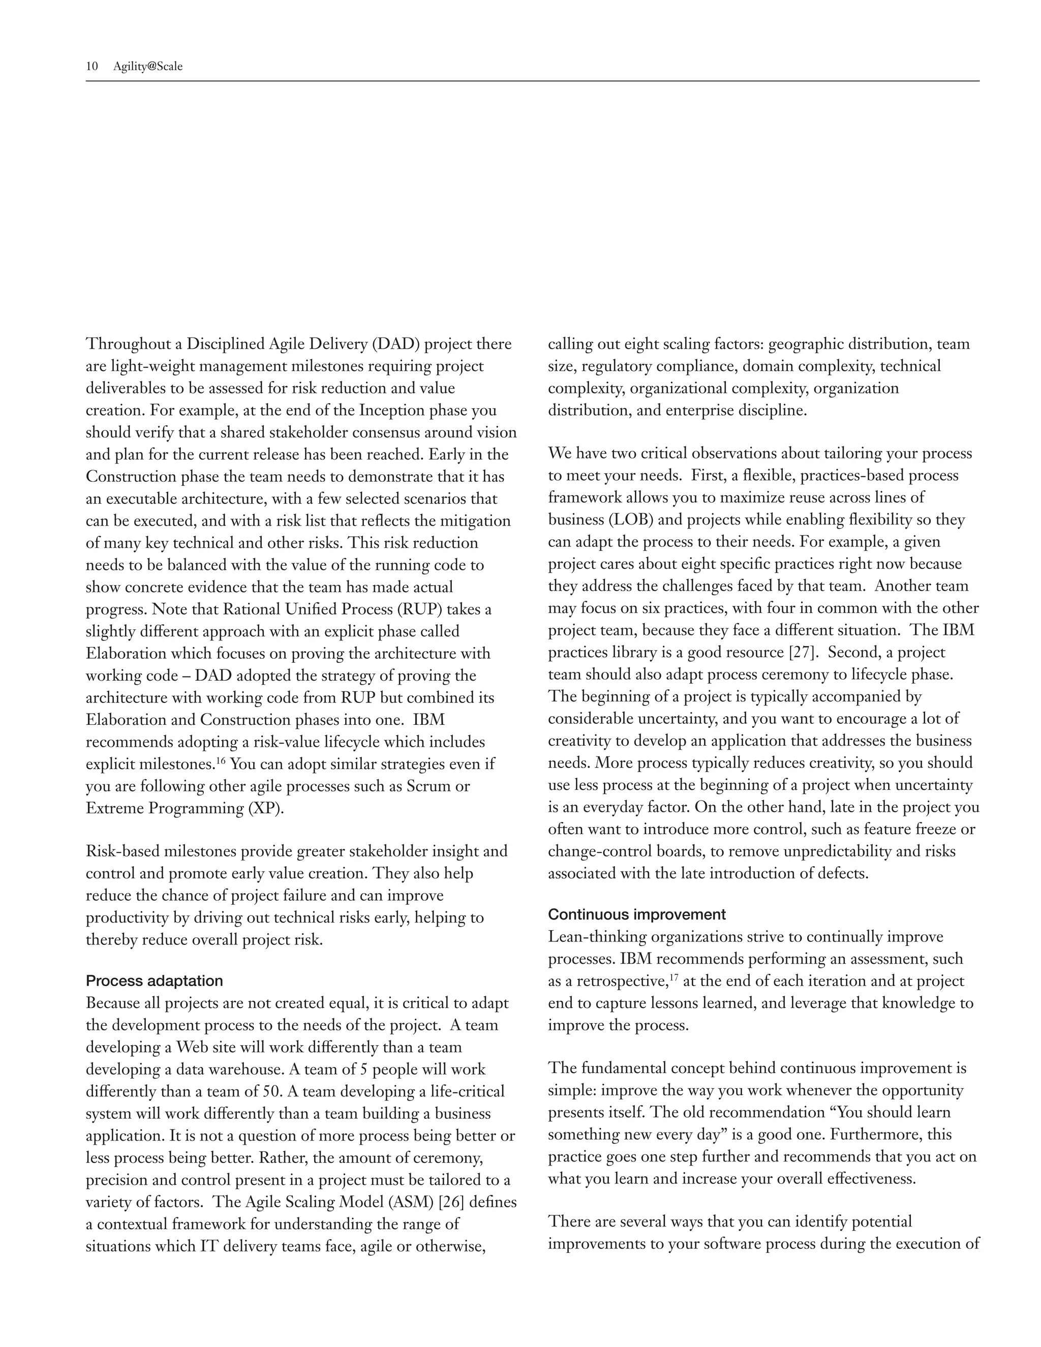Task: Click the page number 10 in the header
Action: click(x=92, y=67)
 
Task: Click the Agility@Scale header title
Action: click(x=148, y=67)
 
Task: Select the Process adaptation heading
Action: click(x=154, y=981)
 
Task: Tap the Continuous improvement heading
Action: click(x=636, y=914)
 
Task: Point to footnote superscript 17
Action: click(x=674, y=977)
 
